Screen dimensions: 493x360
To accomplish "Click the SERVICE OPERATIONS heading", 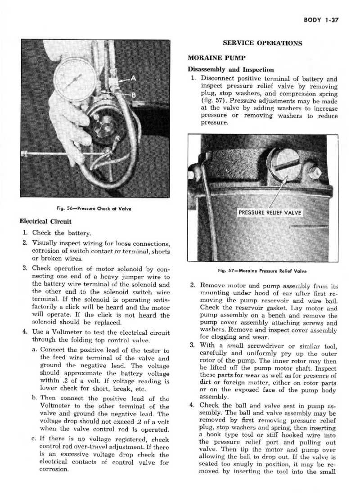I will (263, 43).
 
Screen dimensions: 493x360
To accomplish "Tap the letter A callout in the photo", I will (135, 78).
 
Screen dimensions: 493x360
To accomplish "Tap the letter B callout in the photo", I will (134, 95).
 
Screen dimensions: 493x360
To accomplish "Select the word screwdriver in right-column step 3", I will (265, 358).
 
